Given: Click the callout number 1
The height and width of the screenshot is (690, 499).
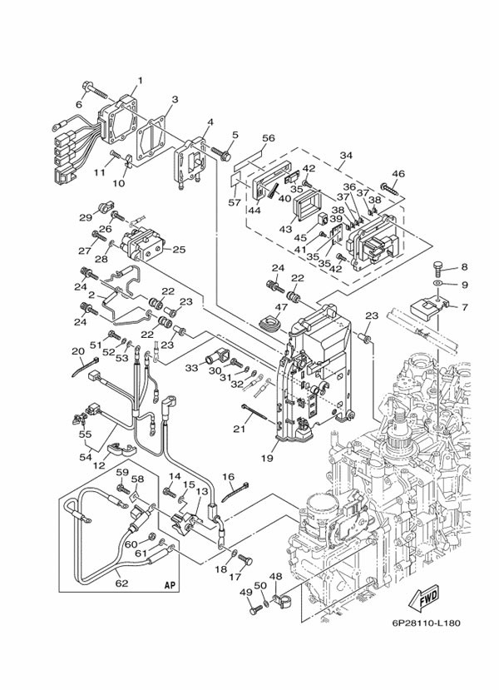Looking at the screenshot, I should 140,81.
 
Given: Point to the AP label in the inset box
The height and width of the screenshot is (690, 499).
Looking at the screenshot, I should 170,584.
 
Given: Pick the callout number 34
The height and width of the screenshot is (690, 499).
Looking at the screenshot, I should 346,155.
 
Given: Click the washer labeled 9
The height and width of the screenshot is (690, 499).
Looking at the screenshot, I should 437,285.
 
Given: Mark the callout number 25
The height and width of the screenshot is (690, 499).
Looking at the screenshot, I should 179,249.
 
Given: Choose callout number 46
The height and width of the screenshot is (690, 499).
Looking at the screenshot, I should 398,174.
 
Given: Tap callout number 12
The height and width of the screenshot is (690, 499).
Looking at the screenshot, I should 100,465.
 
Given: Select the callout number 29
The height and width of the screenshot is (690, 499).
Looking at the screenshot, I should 85,217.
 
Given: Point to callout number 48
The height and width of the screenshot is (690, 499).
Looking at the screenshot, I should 275,577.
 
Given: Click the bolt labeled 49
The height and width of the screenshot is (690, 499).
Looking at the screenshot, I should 253,609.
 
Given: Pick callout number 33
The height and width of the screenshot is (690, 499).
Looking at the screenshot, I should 192,367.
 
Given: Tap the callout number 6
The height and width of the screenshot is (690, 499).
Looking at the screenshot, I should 80,105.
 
